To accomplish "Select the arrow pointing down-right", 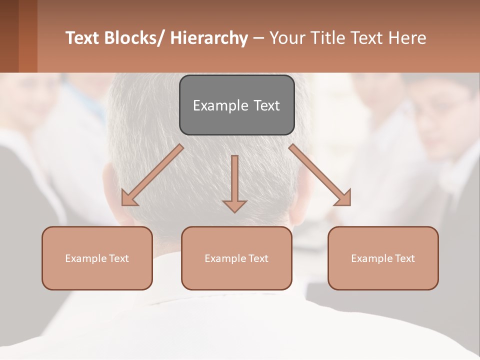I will pyautogui.click(x=320, y=175).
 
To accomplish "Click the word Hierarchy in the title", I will pyautogui.click(x=208, y=38).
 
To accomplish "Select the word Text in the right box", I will pyautogui.click(x=405, y=258).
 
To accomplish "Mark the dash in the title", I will pyautogui.click(x=258, y=38).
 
